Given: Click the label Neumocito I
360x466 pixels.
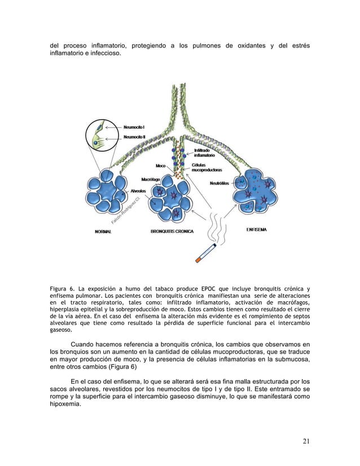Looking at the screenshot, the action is tap(134, 128).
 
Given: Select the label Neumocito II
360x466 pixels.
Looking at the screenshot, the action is tap(135, 137).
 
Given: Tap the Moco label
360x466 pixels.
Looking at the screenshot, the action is tap(161, 166).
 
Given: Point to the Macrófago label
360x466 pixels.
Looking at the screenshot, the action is tap(151, 179).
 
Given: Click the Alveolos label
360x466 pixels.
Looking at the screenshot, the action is tap(139, 191).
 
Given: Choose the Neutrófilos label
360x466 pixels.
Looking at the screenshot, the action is tap(219, 183).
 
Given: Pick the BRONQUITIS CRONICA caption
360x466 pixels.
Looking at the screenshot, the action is tap(172, 231).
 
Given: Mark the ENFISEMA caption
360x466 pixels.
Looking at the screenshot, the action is tap(257, 230).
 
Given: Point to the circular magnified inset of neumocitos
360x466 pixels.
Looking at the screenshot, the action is tap(101, 138).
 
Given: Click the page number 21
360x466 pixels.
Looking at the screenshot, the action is tap(305, 441).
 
